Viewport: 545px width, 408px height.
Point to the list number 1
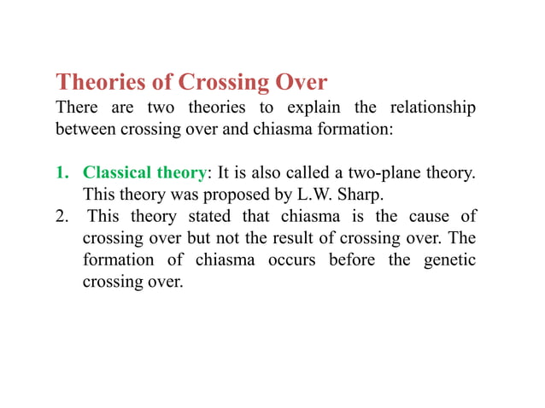click(61, 172)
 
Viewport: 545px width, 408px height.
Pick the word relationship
click(433, 110)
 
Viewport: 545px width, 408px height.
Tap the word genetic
click(449, 260)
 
